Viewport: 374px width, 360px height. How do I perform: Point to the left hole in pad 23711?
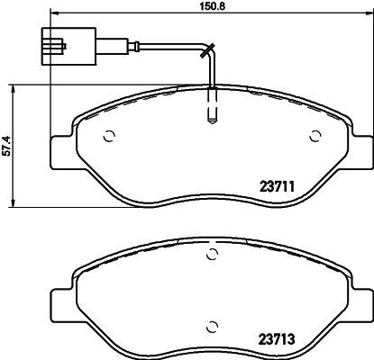108,137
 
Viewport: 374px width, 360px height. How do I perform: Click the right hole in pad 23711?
315,137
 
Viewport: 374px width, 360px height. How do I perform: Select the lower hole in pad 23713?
212,326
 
